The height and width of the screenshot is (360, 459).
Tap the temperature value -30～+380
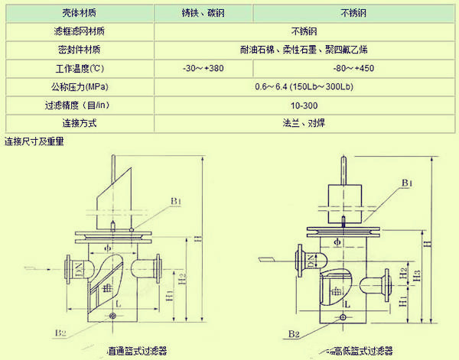(203, 68)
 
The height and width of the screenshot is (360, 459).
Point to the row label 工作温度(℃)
(79, 68)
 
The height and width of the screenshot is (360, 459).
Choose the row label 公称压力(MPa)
(79, 86)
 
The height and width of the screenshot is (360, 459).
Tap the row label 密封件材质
(79, 50)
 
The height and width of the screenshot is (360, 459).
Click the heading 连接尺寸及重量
(34, 141)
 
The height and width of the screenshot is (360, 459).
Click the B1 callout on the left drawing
(176, 201)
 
